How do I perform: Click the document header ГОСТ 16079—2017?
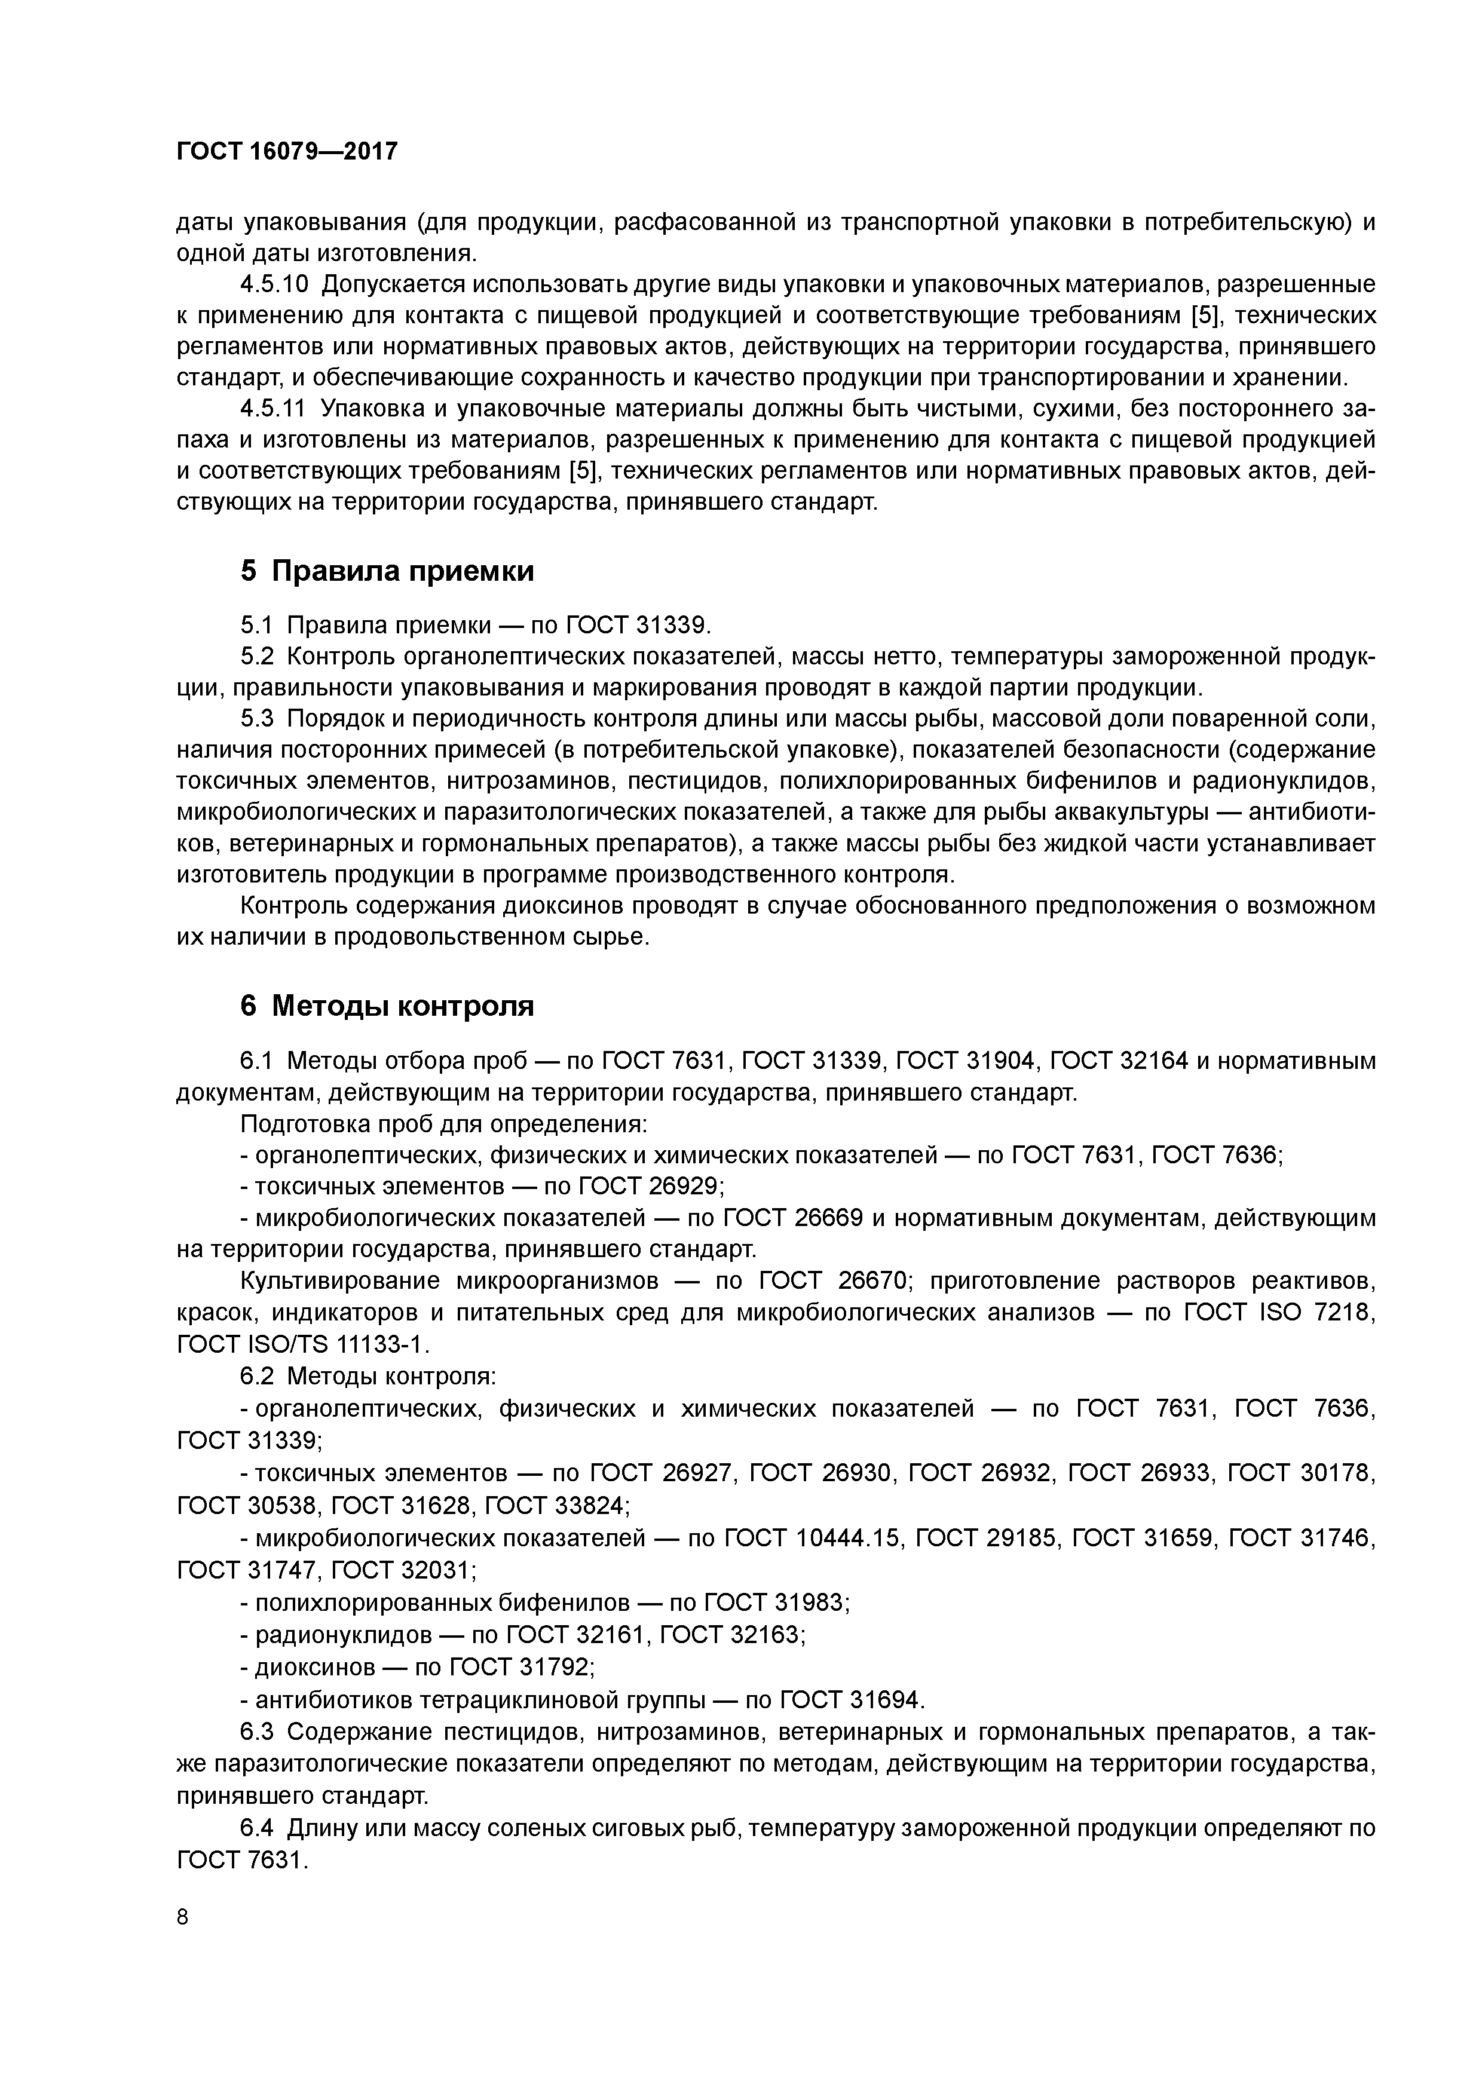click(x=287, y=151)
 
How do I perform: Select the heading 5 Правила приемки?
click(x=387, y=571)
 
